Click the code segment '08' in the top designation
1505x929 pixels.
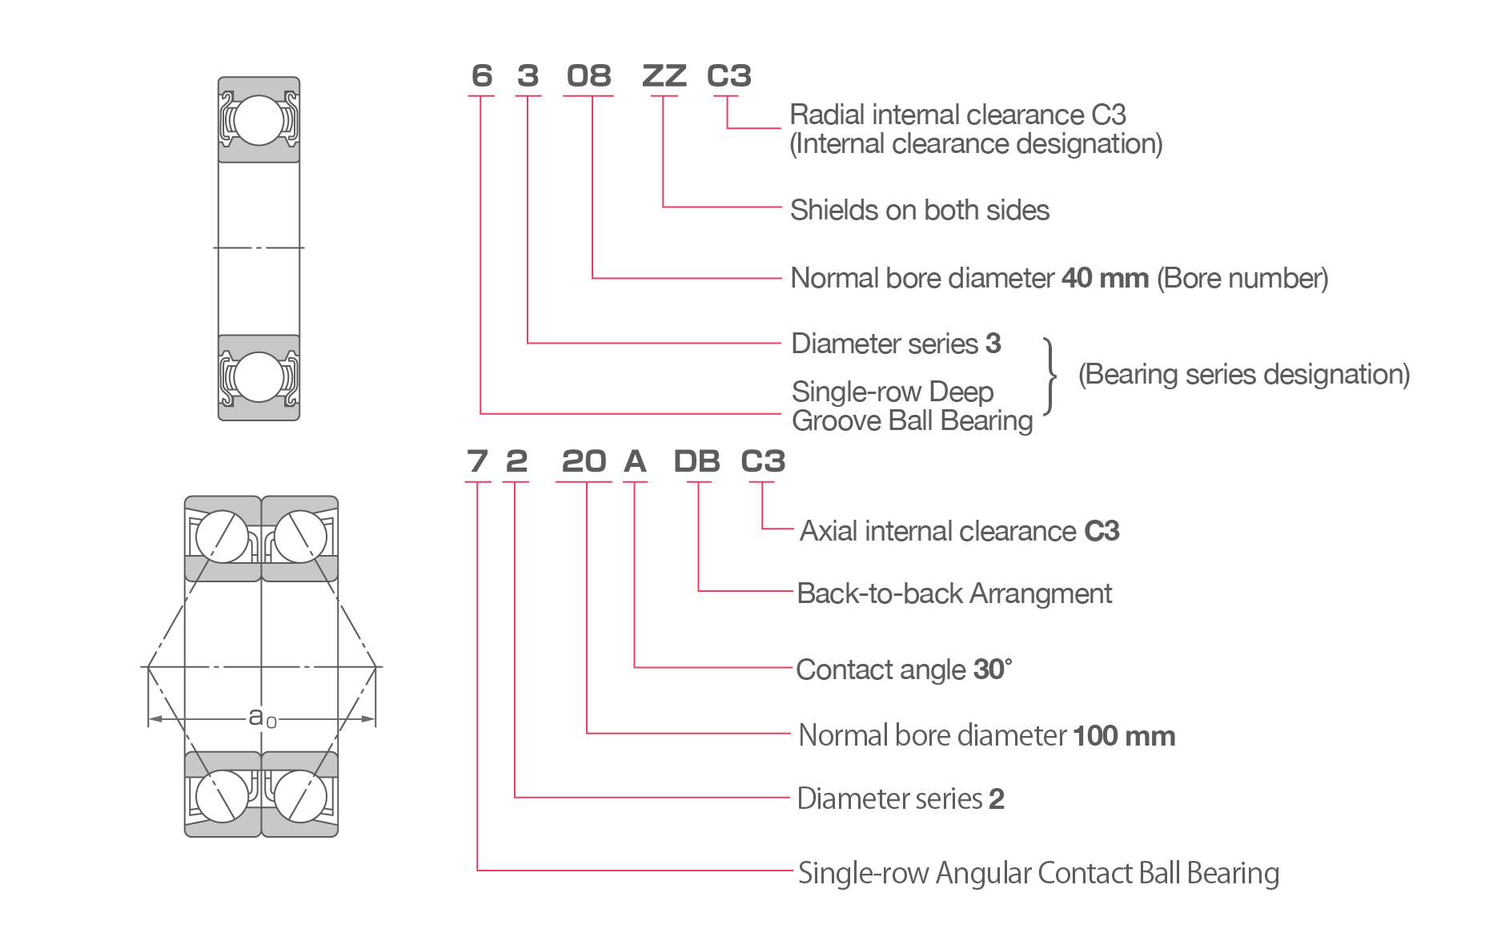(x=588, y=77)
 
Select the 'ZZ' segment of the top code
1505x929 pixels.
(x=664, y=77)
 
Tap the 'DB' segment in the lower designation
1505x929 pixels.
(x=696, y=462)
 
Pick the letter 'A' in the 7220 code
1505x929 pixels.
(x=635, y=462)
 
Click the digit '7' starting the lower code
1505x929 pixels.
(x=477, y=462)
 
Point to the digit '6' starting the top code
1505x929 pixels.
(x=481, y=77)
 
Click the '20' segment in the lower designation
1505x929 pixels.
(x=584, y=462)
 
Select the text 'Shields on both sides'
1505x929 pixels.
(x=919, y=211)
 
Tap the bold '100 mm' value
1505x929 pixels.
(x=1123, y=736)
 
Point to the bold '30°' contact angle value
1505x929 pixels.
(x=992, y=670)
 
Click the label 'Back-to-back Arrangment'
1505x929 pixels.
(x=955, y=594)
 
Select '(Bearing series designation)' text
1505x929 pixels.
(x=1243, y=375)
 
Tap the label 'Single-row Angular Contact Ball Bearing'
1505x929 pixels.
(x=1038, y=873)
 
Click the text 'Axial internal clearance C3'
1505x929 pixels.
(x=959, y=532)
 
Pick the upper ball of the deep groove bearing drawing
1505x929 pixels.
(x=259, y=120)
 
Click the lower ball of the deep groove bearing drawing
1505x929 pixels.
(x=259, y=376)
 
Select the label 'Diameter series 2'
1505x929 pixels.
(x=901, y=799)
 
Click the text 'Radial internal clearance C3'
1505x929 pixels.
(x=957, y=115)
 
